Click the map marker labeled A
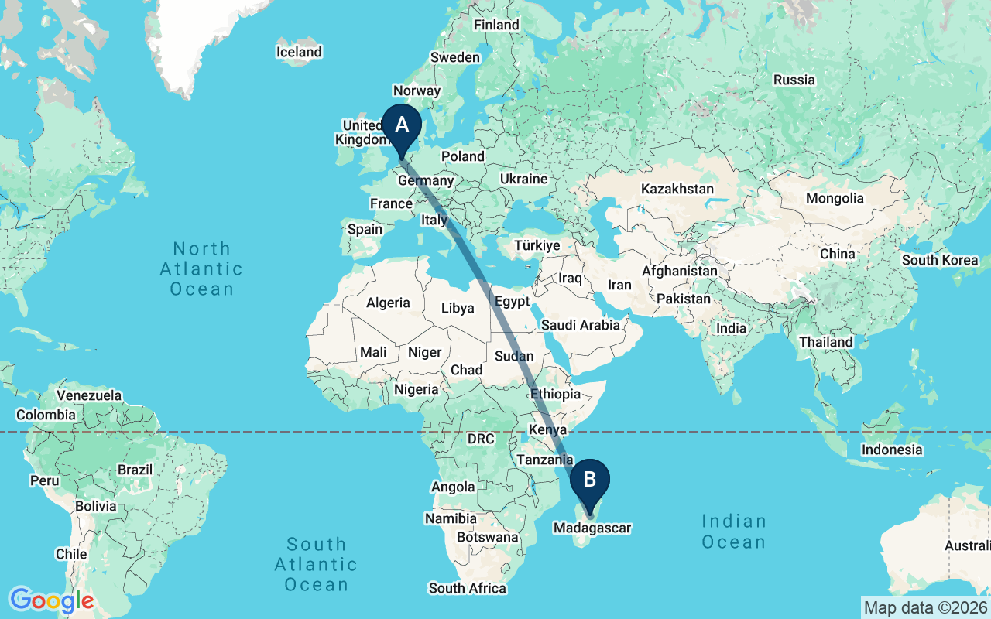[402, 126]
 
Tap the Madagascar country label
[592, 528]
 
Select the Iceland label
[299, 52]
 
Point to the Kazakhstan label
[677, 189]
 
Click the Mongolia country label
[835, 198]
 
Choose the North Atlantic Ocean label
[201, 268]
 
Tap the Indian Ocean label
[734, 531]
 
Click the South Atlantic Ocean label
[316, 564]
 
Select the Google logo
[51, 600]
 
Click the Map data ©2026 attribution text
[925, 607]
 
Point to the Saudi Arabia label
[581, 325]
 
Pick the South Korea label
[940, 260]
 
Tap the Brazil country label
[135, 470]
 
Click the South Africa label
[468, 588]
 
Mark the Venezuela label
[90, 395]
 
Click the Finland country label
[496, 25]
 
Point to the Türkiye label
[537, 245]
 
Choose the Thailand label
[827, 342]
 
